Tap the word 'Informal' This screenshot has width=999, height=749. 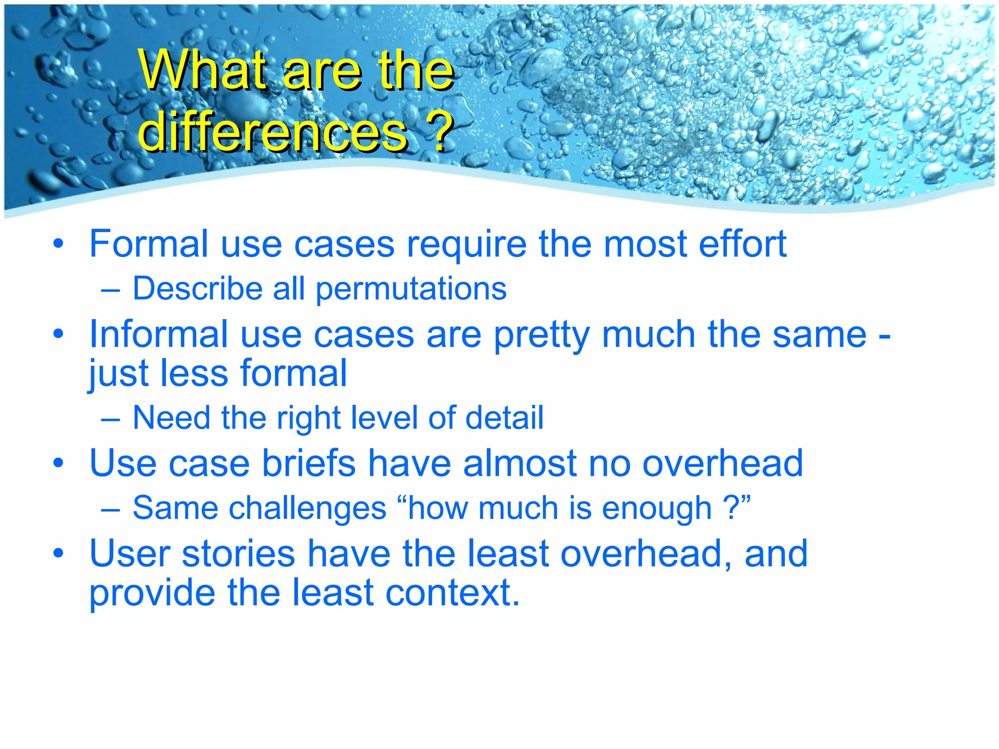159,335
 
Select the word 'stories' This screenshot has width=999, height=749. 239,554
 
